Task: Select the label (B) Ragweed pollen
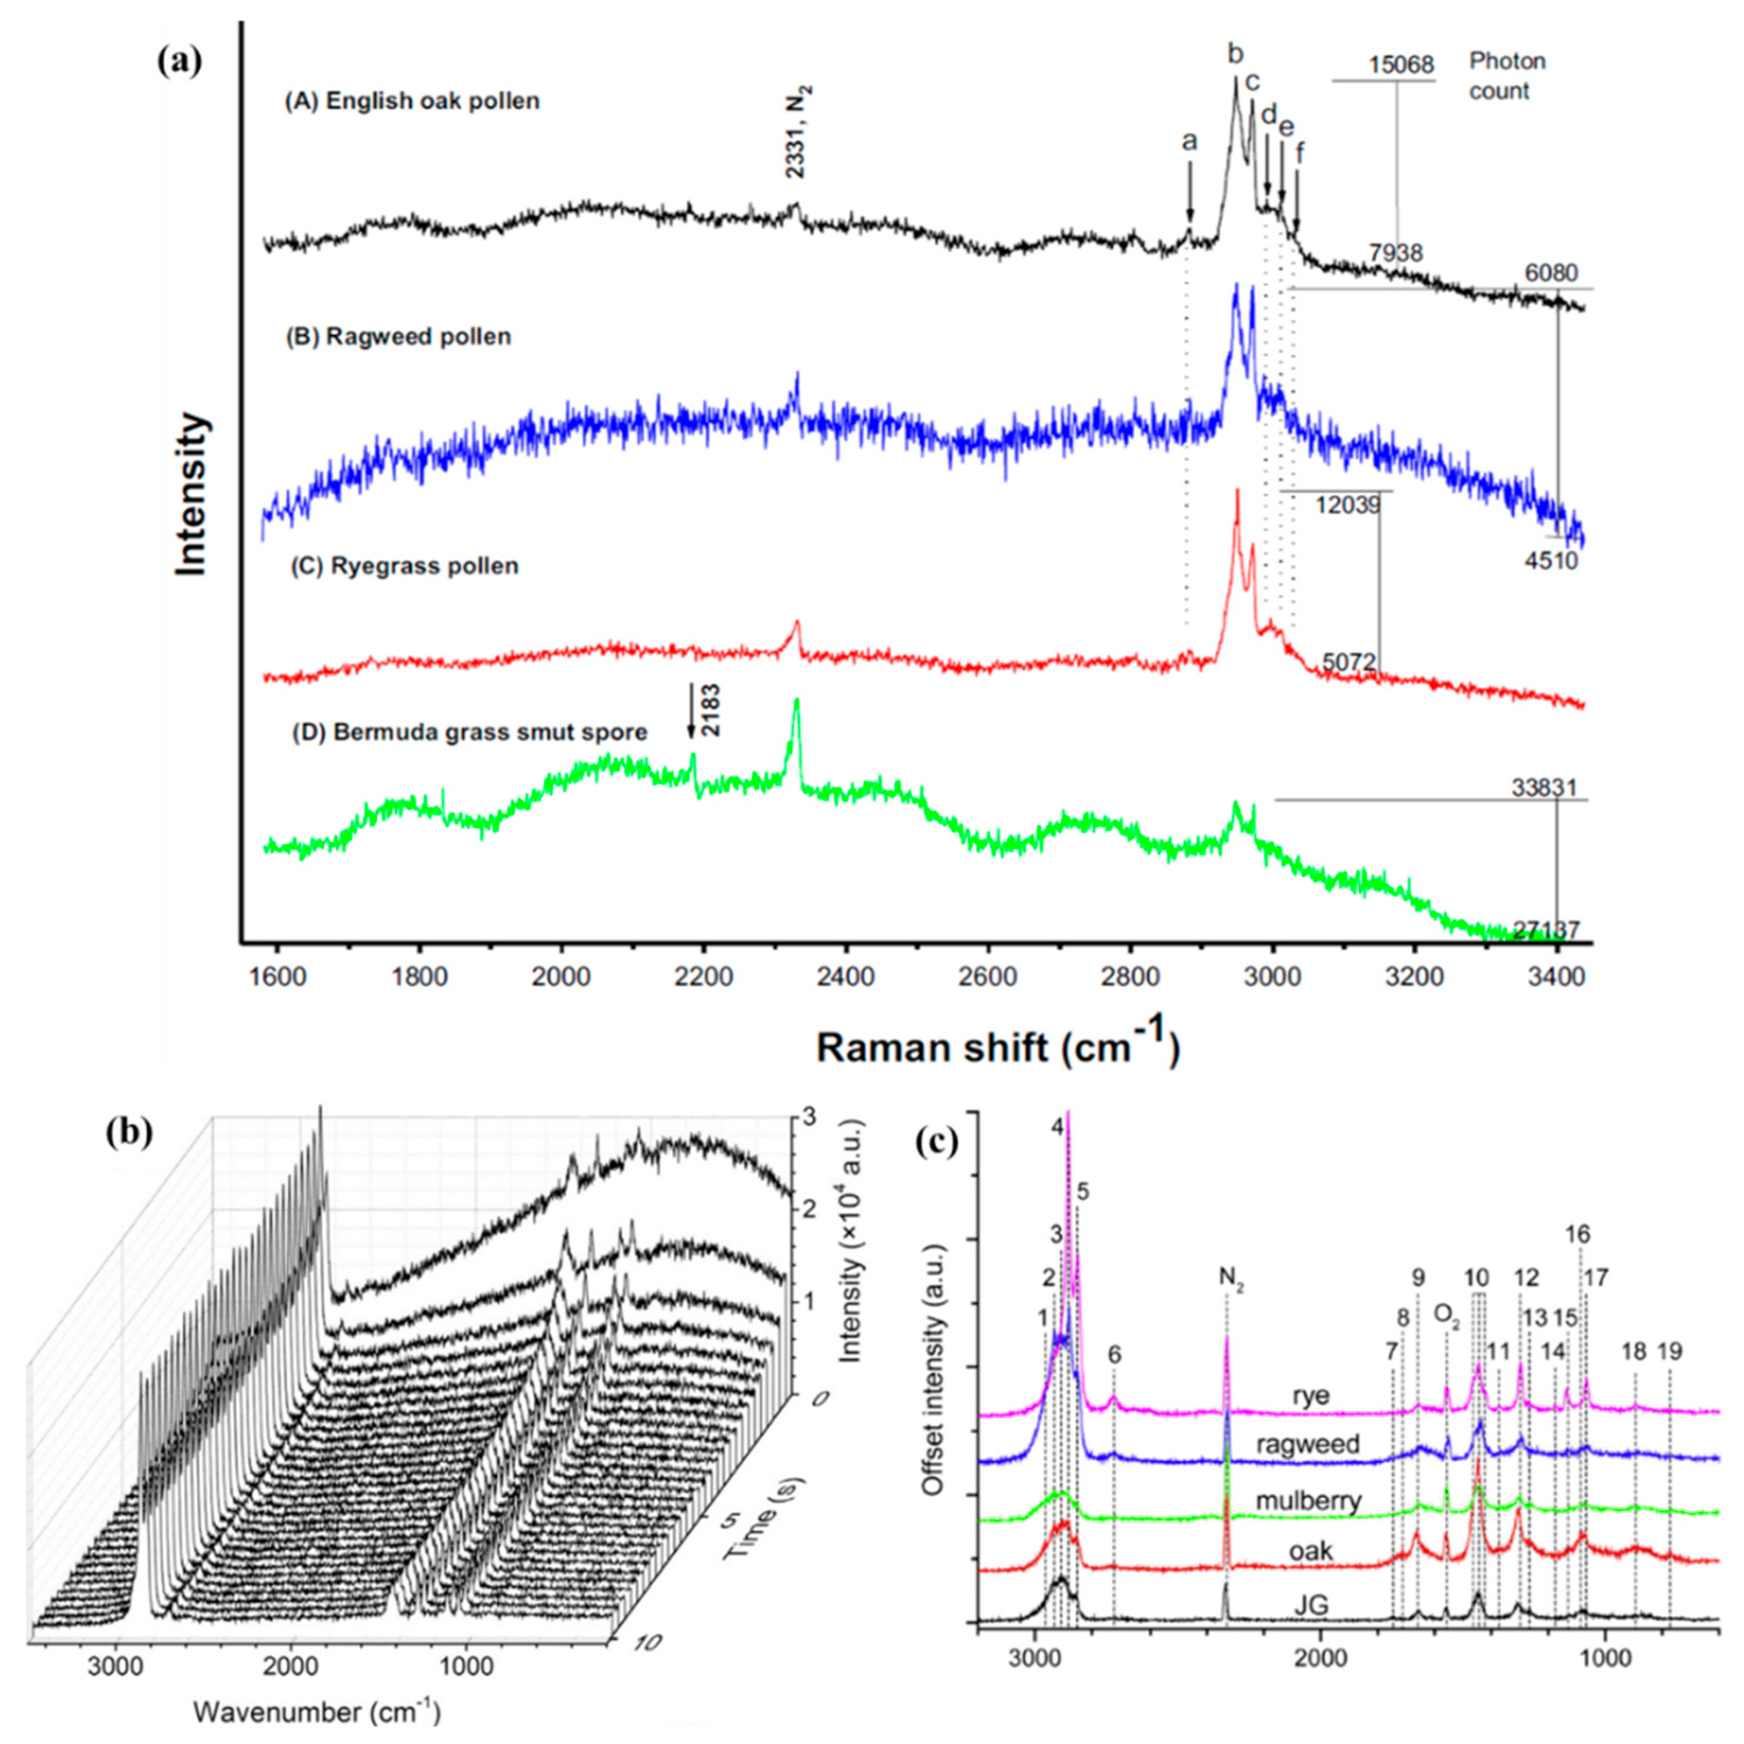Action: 398,337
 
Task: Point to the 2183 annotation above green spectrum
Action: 711,711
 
